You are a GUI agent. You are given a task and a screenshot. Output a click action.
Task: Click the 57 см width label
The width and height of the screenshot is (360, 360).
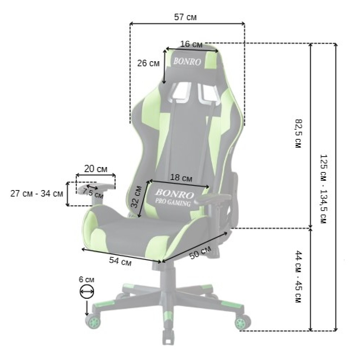point(185,17)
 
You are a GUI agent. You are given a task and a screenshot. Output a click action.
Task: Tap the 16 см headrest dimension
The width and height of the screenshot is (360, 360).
point(191,44)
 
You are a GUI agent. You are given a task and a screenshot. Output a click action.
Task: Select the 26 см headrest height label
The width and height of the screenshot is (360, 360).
point(148,63)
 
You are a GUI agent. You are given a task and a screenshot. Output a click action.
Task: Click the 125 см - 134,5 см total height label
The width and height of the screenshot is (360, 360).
point(323,189)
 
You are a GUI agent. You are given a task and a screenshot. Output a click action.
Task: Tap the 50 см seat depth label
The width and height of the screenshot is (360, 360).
point(200,253)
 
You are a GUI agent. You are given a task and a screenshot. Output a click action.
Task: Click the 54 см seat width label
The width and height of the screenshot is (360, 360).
point(120,261)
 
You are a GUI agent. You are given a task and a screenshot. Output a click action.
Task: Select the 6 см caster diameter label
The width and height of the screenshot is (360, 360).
point(86,280)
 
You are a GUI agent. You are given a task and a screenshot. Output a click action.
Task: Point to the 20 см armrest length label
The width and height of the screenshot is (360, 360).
point(96,169)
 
